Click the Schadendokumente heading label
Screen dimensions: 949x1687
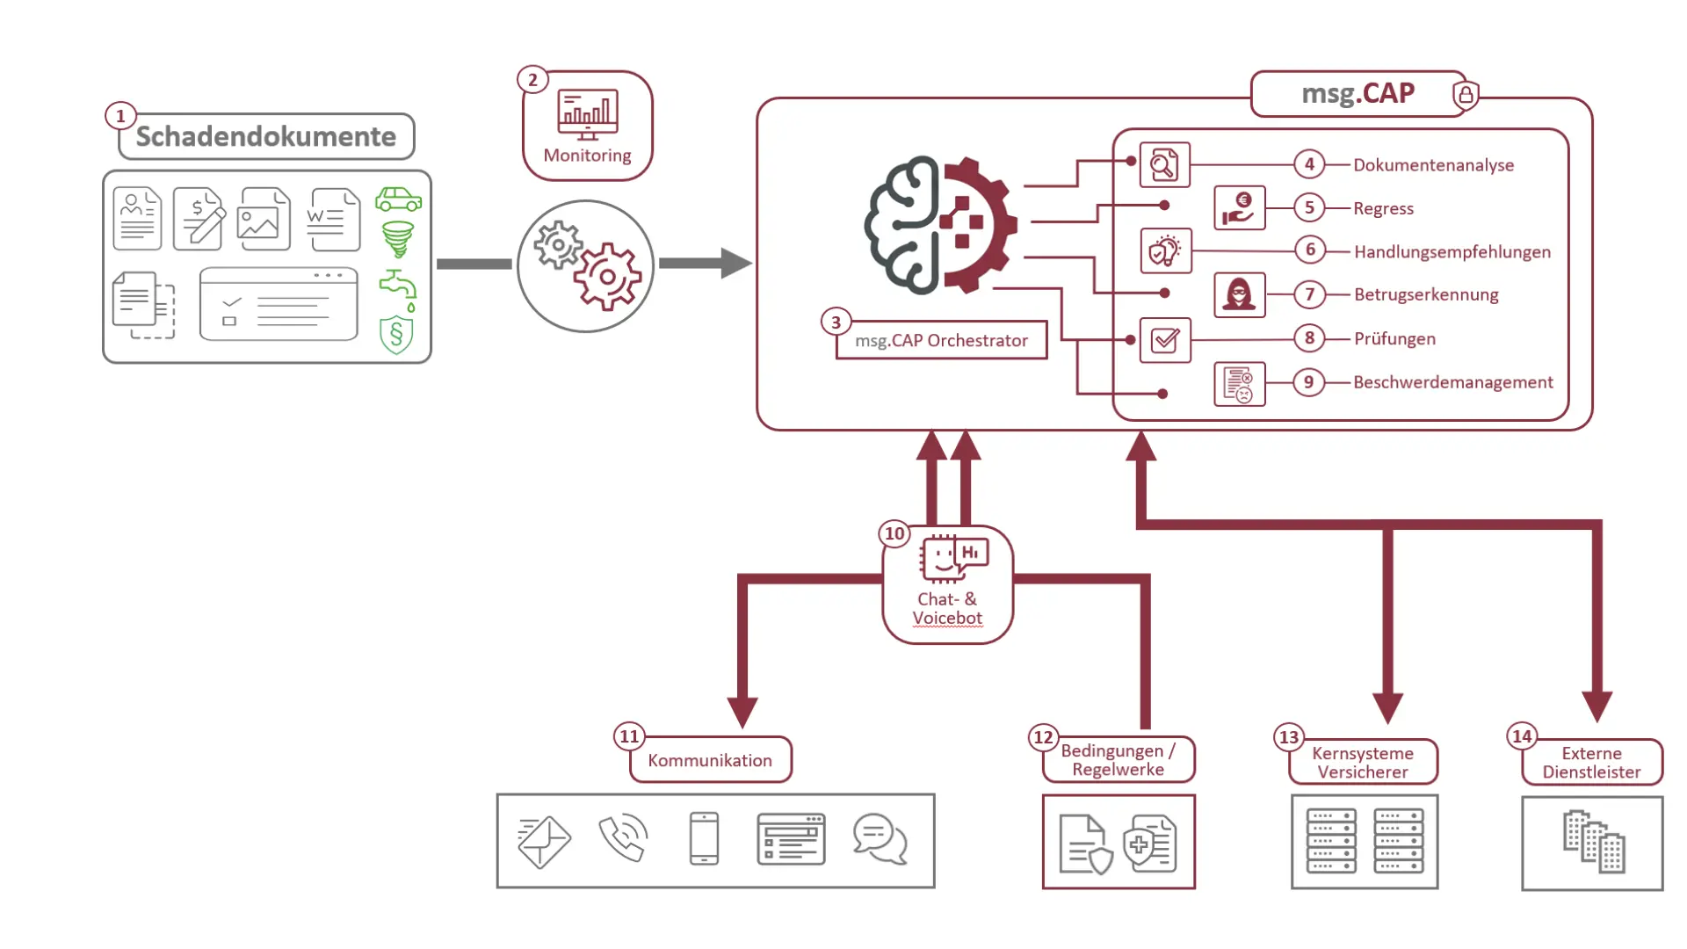point(266,136)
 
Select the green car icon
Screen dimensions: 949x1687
point(398,199)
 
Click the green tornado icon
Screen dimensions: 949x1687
point(398,238)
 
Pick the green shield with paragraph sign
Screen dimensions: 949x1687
point(396,335)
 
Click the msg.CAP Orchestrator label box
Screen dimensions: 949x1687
point(941,340)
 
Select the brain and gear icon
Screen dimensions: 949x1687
point(941,226)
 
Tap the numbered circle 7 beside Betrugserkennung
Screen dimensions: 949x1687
point(1309,294)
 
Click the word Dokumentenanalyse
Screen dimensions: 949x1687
point(1433,165)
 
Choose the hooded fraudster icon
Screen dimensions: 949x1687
point(1239,294)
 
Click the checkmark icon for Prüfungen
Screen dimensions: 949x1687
point(1165,340)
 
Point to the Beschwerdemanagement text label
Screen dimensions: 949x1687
point(1452,382)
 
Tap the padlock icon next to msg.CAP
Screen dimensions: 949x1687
point(1466,95)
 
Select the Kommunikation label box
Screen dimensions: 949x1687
point(710,760)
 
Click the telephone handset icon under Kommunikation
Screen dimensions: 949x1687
point(623,839)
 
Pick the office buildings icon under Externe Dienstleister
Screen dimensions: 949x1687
point(1593,842)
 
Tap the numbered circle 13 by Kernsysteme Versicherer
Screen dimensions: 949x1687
point(1288,737)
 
